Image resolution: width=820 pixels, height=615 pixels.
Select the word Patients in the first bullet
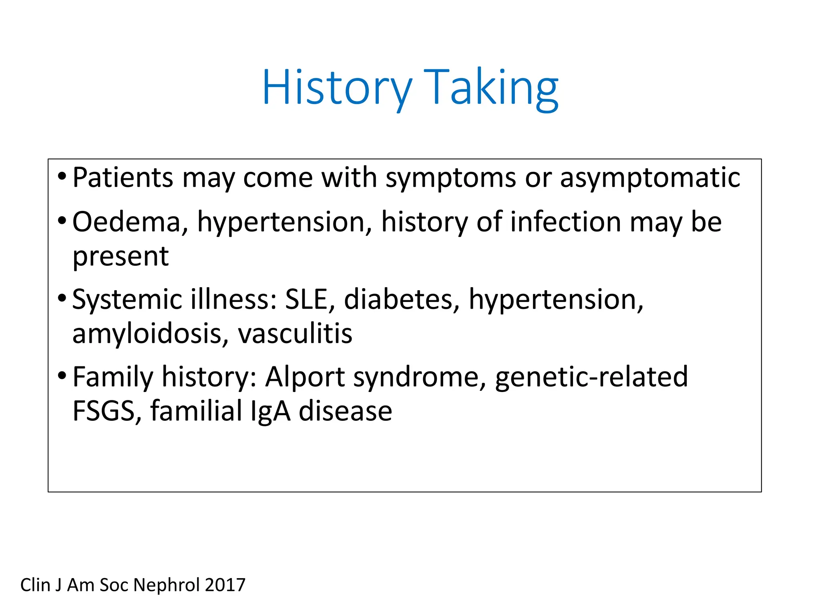(123, 177)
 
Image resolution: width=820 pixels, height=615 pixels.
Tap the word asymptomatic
(650, 178)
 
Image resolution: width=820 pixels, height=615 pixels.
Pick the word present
(121, 257)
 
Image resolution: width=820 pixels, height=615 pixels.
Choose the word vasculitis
(295, 334)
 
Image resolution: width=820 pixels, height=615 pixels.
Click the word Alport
(305, 377)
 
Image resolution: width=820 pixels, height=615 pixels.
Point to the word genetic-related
(591, 377)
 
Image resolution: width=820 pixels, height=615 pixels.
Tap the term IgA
(270, 411)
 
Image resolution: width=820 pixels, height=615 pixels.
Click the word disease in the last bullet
(345, 411)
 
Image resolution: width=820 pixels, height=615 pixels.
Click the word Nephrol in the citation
(166, 585)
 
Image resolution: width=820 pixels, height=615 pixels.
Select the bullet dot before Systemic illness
(62, 298)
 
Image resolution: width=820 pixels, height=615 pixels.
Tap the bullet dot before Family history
(62, 376)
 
